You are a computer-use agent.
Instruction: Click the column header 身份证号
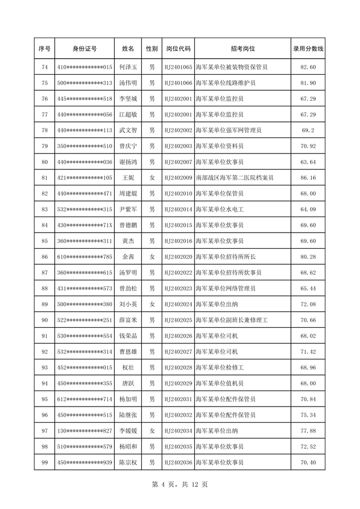pyautogui.click(x=85, y=49)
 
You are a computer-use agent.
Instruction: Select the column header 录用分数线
pyautogui.click(x=308, y=49)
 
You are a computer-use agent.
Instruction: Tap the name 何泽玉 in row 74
pyautogui.click(x=128, y=67)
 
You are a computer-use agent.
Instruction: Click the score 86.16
pyautogui.click(x=308, y=178)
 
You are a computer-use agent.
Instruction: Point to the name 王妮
pyautogui.click(x=128, y=178)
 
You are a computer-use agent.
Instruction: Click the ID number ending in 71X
pyautogui.click(x=85, y=225)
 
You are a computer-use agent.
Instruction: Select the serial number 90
pyautogui.click(x=45, y=320)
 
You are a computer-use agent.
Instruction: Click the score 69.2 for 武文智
pyautogui.click(x=308, y=130)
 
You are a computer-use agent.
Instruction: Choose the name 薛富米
pyautogui.click(x=128, y=320)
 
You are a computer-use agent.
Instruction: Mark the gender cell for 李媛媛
pyautogui.click(x=152, y=431)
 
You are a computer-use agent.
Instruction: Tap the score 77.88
pyautogui.click(x=308, y=431)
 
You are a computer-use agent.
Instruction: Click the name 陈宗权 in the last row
pyautogui.click(x=128, y=462)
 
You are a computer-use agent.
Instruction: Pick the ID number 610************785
pyautogui.click(x=85, y=257)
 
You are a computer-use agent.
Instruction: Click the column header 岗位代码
pyautogui.click(x=178, y=49)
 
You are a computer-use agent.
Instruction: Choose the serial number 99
pyautogui.click(x=45, y=462)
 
